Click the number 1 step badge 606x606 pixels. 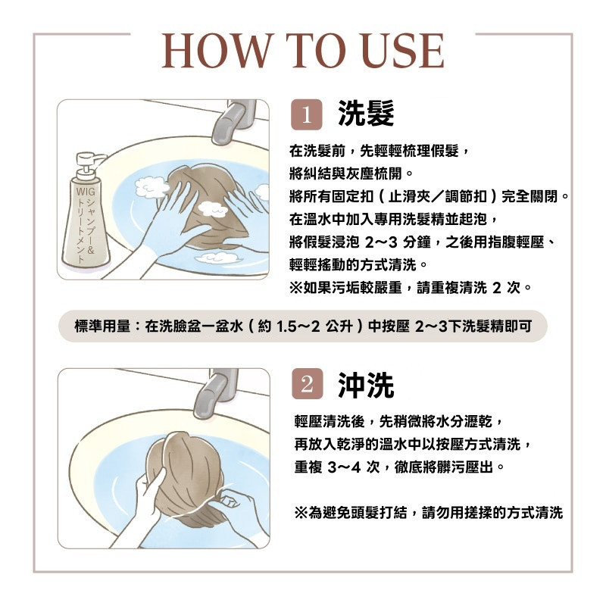click(x=307, y=114)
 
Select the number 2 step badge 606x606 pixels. click(x=308, y=383)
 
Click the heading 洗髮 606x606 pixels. click(x=366, y=113)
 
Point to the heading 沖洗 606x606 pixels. click(x=366, y=385)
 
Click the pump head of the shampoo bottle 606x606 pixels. click(x=89, y=162)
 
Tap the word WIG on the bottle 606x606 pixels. click(x=86, y=192)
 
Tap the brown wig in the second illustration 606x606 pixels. click(x=186, y=476)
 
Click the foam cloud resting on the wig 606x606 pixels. click(x=212, y=209)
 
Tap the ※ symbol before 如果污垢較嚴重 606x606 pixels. click(x=296, y=288)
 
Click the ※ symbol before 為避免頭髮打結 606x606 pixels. click(x=301, y=513)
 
